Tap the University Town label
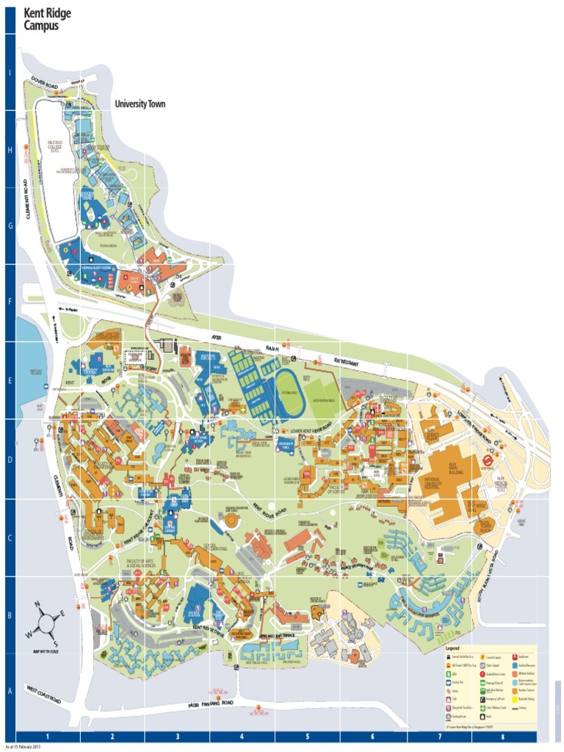[140, 104]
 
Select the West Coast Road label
[44, 694]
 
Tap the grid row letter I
[10, 72]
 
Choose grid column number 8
[503, 736]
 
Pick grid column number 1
[48, 736]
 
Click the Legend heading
[452, 648]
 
